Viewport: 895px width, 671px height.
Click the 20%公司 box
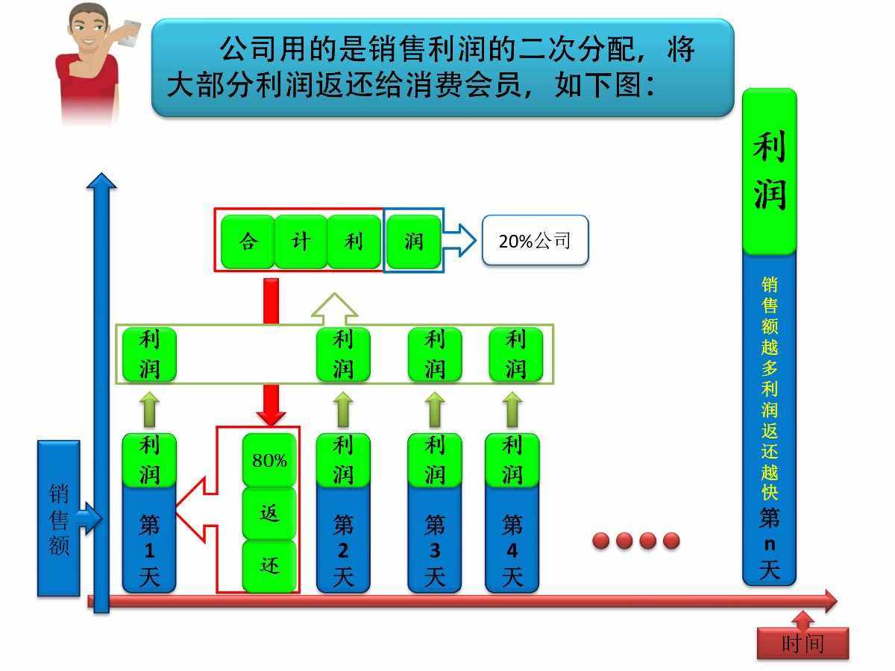pyautogui.click(x=535, y=240)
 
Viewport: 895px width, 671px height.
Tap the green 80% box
pyautogui.click(x=269, y=460)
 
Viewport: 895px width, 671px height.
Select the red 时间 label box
pyautogui.click(x=803, y=643)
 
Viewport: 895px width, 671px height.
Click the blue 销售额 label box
pyautogui.click(x=58, y=519)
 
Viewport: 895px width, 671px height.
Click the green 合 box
pyautogui.click(x=248, y=241)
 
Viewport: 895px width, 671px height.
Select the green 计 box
pyautogui.click(x=301, y=241)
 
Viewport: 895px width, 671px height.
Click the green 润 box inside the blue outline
pyautogui.click(x=413, y=241)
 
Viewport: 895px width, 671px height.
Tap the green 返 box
pyautogui.click(x=269, y=513)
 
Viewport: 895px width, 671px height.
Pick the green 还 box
pyautogui.click(x=269, y=566)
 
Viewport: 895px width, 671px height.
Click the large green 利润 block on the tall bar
pyautogui.click(x=769, y=171)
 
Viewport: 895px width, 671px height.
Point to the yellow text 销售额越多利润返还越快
pyautogui.click(x=769, y=388)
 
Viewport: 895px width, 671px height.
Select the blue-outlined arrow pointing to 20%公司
pyautogui.click(x=459, y=241)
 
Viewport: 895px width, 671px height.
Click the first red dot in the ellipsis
pyautogui.click(x=601, y=541)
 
